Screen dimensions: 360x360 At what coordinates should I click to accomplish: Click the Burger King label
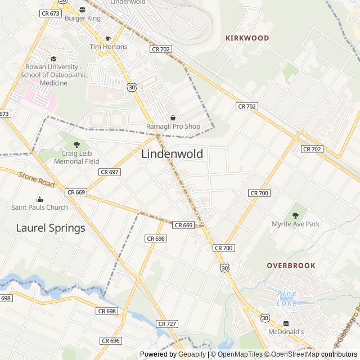coord(83,19)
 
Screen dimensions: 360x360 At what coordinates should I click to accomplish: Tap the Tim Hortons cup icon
coord(109,38)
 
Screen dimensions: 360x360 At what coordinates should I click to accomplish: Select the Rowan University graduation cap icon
coord(53,58)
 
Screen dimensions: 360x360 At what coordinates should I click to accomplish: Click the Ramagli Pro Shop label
coord(173,127)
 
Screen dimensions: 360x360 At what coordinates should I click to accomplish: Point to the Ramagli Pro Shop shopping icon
coord(173,118)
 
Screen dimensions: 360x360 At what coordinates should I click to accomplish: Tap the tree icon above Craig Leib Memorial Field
coord(76,145)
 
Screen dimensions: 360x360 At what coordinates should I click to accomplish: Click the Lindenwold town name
coord(172,154)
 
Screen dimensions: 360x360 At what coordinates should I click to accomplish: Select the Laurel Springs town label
coord(51,228)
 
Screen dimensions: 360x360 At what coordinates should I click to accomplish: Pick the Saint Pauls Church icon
coord(39,199)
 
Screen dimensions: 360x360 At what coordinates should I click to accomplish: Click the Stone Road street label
coord(37,181)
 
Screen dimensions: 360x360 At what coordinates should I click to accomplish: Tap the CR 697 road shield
coord(109,172)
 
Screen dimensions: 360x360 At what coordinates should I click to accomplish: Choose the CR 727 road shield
coord(167,324)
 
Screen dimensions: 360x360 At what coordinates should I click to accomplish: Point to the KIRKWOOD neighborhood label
coord(247,38)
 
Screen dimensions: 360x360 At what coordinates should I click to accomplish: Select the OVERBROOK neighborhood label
coord(291,265)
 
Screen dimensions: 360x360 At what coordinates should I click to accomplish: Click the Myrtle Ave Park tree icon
coord(295,215)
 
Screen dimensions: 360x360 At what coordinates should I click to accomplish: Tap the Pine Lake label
coord(286,298)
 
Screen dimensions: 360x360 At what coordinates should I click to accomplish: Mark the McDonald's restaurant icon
coord(286,323)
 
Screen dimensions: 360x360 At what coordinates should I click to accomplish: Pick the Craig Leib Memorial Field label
coord(76,157)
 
